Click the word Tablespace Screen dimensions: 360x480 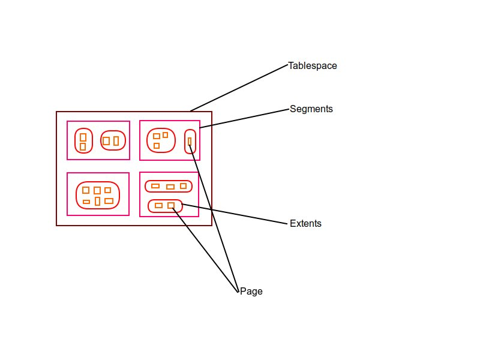(312, 66)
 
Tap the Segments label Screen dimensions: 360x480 (311, 109)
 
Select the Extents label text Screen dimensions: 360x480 (305, 224)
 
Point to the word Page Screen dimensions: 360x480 (251, 292)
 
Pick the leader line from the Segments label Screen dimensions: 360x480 (245, 118)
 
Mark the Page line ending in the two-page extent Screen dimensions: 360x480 (205, 249)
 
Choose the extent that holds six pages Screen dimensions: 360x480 (97, 194)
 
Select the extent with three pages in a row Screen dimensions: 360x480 (169, 186)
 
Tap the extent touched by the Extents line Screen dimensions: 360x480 (165, 206)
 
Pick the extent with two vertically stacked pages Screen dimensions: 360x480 (83, 141)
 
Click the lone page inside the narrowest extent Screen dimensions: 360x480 (190, 142)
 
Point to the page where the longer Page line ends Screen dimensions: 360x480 (190, 142)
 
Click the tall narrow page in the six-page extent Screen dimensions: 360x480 (97, 201)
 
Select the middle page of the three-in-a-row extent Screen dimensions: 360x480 (170, 187)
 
